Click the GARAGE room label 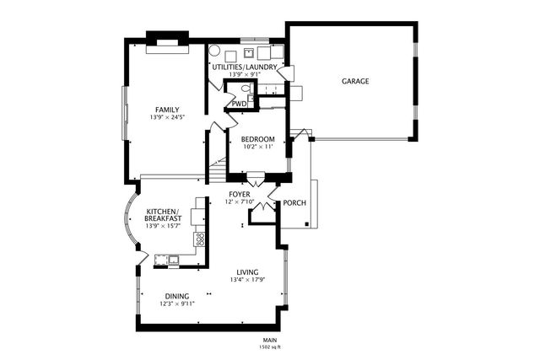[355, 81]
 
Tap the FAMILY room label [167, 110]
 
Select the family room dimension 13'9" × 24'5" [167, 117]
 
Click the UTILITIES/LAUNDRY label [245, 67]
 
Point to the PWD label [239, 104]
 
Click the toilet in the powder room [246, 89]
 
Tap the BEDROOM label [257, 139]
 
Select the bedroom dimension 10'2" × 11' [258, 147]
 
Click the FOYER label [240, 195]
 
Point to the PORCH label [294, 203]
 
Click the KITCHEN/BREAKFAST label [163, 215]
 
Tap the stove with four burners [199, 239]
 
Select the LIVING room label [247, 272]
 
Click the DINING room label [177, 296]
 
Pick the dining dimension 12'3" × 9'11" [177, 304]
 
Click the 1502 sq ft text [270, 347]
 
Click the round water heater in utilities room [214, 51]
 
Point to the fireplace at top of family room [168, 42]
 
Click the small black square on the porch [306, 224]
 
